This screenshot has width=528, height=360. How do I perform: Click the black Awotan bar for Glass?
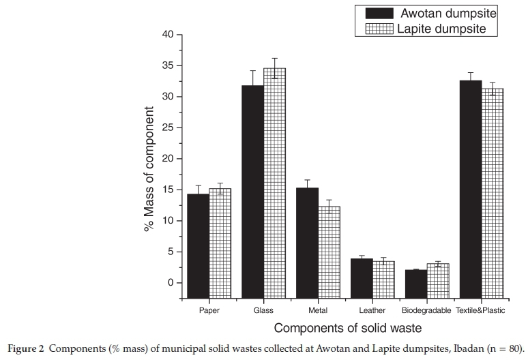tap(252, 191)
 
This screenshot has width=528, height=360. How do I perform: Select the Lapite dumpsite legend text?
tap(442, 29)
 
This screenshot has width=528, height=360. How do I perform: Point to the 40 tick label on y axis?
tap(167, 35)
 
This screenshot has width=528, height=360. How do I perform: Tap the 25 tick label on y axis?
tap(167, 128)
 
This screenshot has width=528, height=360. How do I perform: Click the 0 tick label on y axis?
tap(170, 283)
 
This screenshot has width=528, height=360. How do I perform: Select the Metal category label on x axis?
tap(318, 311)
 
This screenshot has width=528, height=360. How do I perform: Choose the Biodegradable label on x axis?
tap(427, 311)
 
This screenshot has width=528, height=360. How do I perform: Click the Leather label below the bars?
tap(372, 311)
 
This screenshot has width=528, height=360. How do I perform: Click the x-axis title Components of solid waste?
tap(348, 329)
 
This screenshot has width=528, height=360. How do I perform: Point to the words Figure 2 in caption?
tap(24, 348)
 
